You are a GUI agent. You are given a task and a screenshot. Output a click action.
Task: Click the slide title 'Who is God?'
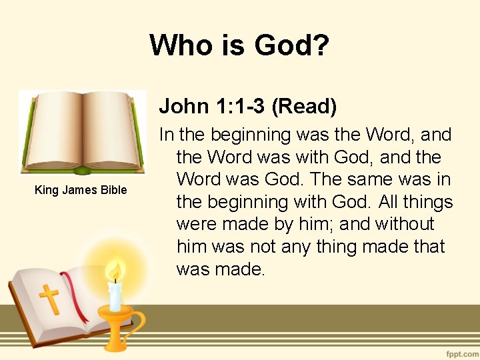coord(239,45)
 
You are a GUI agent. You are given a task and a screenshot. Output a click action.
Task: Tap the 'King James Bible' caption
coord(81,190)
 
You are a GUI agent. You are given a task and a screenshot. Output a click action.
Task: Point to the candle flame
coord(116,272)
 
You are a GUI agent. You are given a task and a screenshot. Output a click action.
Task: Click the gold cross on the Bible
coord(49,299)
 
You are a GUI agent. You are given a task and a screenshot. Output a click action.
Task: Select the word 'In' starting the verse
coord(167,135)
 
